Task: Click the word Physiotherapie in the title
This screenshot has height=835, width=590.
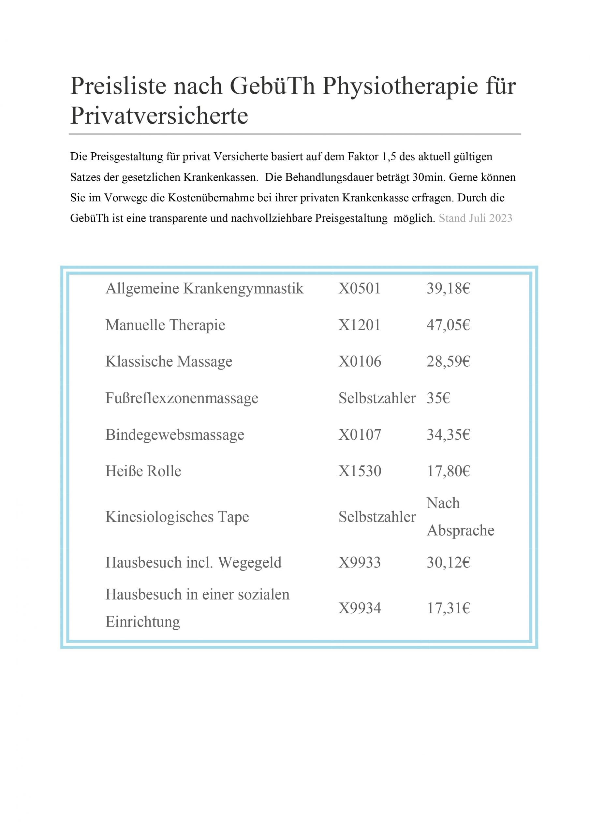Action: [x=400, y=86]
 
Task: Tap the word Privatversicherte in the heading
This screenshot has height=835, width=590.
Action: [x=159, y=116]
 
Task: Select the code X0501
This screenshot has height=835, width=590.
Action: [x=359, y=289]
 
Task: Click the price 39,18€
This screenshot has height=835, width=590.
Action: [x=448, y=289]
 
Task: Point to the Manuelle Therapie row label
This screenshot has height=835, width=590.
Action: [x=165, y=325]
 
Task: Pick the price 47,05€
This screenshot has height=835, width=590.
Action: [x=448, y=325]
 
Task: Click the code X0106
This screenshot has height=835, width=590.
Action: [x=360, y=361]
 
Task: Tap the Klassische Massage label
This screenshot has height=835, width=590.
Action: [x=169, y=361]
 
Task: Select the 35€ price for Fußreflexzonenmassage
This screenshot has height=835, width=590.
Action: [x=438, y=398]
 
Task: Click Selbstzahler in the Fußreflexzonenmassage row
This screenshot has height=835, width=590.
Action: [x=377, y=398]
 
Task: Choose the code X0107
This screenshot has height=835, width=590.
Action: [x=360, y=434]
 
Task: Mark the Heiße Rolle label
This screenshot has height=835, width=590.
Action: [x=143, y=471]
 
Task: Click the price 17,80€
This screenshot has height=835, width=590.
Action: [x=448, y=471]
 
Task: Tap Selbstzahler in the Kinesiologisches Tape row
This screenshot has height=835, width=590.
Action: [x=377, y=517]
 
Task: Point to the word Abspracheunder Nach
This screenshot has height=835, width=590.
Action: [x=460, y=531]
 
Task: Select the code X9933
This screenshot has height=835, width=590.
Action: [x=360, y=563]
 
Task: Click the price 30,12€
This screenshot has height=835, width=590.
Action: [x=448, y=563]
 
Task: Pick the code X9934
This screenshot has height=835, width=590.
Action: [x=360, y=608]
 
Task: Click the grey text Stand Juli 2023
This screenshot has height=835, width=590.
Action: [x=475, y=218]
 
